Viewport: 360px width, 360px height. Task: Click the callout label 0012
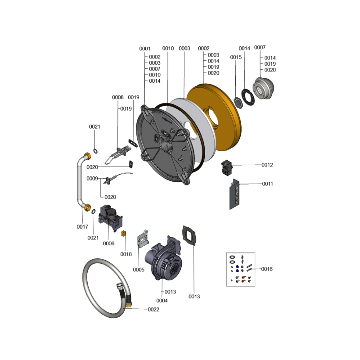coord(267,165)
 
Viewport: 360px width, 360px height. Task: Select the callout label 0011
coord(267,184)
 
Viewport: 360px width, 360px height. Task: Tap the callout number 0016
coord(267,269)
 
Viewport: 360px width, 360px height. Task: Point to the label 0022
coord(153,310)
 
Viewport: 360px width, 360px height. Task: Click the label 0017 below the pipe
coord(82,227)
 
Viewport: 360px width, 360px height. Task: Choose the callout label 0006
coord(108,243)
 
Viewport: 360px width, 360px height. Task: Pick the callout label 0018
coord(126,254)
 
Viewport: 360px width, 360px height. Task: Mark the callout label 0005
coord(139,270)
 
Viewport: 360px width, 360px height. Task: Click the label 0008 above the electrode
coord(118,97)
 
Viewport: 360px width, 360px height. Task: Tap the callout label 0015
coord(236,57)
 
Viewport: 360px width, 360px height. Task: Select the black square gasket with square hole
coord(189,235)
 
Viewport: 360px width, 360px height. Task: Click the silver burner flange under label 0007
coord(263,88)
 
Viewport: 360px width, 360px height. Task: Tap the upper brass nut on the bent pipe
coord(87,156)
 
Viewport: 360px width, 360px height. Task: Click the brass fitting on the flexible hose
coord(129,305)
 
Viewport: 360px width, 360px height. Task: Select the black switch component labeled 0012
coord(227,167)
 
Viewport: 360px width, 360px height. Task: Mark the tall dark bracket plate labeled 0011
coord(234,194)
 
